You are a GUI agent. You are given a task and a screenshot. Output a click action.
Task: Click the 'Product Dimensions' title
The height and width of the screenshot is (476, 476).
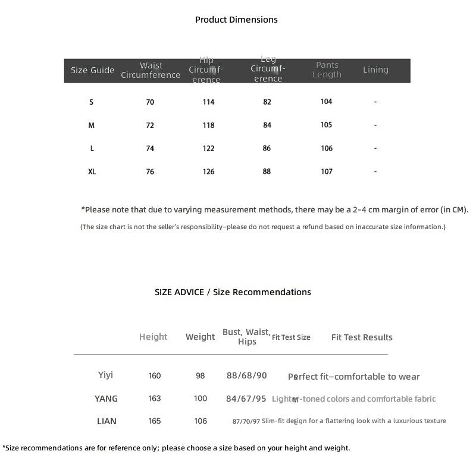[236, 20]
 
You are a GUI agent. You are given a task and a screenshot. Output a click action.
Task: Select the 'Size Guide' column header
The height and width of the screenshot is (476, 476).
[92, 70]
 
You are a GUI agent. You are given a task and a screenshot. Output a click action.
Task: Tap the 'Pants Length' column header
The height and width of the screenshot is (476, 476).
[327, 70]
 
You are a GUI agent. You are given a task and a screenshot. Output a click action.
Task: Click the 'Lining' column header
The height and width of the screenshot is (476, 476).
[375, 70]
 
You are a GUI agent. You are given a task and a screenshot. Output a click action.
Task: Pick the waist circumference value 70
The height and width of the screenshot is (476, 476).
[150, 102]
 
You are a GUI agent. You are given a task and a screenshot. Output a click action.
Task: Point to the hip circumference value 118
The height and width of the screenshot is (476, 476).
[208, 126]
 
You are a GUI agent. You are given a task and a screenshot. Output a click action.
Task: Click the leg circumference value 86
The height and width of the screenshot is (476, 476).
[267, 148]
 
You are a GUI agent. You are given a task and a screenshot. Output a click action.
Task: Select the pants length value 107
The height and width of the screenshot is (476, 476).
[327, 171]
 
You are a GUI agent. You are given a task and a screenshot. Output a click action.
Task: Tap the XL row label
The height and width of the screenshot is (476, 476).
[92, 171]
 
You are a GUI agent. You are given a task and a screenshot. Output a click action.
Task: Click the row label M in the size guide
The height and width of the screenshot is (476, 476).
[92, 126]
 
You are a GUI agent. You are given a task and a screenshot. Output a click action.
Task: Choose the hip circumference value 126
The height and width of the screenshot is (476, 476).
[208, 172]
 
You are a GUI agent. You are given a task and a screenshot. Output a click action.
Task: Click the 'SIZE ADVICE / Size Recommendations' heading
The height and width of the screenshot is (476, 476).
[233, 292]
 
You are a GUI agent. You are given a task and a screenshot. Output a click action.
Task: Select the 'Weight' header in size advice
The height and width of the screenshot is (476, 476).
[200, 337]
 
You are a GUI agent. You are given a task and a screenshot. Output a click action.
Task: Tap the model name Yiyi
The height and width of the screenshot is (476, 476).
[105, 375]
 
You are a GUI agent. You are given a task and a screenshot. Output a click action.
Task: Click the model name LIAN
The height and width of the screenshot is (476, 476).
[107, 421]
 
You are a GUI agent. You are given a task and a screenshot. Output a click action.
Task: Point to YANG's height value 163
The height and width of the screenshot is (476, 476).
[155, 399]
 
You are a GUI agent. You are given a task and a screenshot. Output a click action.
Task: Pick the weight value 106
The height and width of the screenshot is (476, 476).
[201, 421]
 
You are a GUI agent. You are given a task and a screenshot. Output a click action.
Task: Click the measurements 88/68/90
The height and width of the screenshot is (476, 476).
[247, 375]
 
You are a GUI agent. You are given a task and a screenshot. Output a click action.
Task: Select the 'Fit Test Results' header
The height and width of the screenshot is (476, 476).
[362, 337]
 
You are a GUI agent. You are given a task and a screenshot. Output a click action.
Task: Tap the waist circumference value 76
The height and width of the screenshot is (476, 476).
[150, 172]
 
